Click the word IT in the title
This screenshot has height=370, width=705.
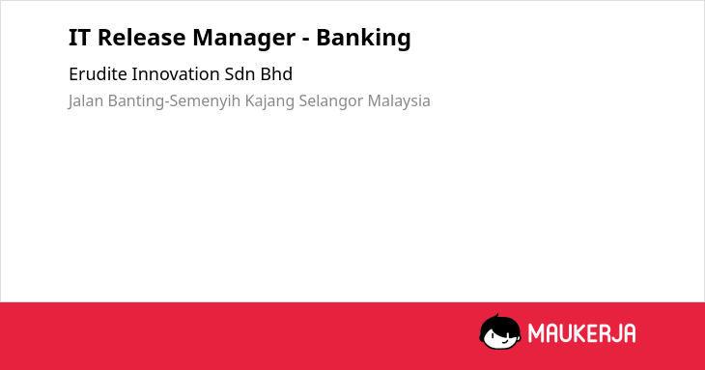[x=79, y=38]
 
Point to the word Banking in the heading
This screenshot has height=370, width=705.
[x=363, y=39]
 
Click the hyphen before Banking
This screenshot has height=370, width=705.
[x=306, y=40]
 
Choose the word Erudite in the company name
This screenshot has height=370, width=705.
[x=98, y=74]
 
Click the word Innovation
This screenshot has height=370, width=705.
[x=176, y=74]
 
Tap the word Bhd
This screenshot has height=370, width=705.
[x=276, y=74]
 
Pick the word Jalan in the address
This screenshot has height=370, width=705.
[x=86, y=101]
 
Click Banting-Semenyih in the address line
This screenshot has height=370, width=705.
[x=175, y=101]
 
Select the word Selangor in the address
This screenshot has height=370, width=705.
[x=331, y=101]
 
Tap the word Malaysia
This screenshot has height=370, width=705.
[x=399, y=101]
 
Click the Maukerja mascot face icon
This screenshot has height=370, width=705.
[x=500, y=332]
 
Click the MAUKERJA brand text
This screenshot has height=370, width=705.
[x=581, y=333]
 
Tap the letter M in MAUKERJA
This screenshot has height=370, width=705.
[x=536, y=333]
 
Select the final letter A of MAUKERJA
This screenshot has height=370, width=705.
[x=629, y=333]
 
